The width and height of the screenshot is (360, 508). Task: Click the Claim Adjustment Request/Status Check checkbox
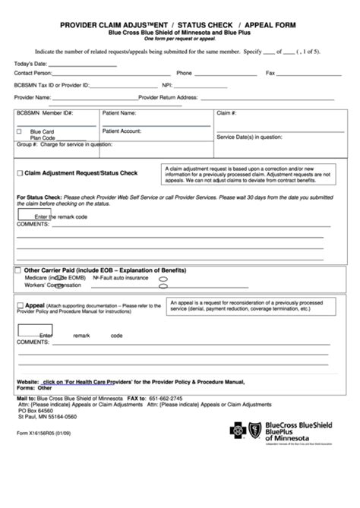coord(20,173)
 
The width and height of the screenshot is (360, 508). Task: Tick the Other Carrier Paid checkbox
coord(18,270)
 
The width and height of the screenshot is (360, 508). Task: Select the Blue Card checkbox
coord(20,131)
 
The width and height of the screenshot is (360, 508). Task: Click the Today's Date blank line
coord(84,65)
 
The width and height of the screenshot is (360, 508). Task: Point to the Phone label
coord(184,74)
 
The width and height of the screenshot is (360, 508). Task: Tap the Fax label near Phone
coord(270,74)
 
